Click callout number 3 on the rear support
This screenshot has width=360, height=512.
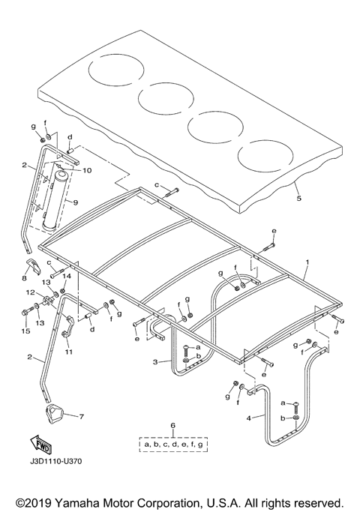[x=154, y=361]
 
